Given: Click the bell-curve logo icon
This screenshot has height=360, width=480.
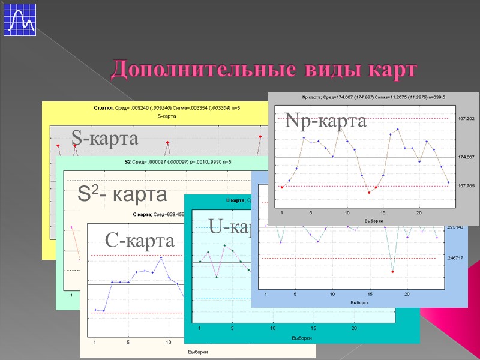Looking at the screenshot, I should coord(20,19).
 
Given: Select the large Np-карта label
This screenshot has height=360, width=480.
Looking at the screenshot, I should coord(326,122).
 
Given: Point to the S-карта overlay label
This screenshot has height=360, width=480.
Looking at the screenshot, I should coord(104,138).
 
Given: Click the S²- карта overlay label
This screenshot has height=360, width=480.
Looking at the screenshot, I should coord(122,194).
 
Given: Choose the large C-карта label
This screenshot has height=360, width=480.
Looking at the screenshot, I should coord(139,241).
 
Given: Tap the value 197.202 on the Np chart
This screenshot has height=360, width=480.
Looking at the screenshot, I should coord(466,119).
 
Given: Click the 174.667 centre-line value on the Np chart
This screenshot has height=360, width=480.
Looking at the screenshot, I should coord(466,157).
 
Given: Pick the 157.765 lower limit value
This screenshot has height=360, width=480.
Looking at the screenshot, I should coord(466,186).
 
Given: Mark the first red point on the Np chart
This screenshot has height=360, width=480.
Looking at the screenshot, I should coord(282,187).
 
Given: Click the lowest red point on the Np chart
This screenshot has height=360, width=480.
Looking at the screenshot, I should coord(369,193).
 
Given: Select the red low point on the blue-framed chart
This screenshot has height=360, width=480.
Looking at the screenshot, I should coord(392,272).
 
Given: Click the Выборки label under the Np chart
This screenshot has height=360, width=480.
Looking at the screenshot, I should coord(373,221).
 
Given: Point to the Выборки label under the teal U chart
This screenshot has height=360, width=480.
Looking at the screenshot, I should coord(301,338).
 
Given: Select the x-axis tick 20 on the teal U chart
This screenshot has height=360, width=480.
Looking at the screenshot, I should coord(355,328).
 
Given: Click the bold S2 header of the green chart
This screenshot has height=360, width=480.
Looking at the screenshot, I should coord(128,162).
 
